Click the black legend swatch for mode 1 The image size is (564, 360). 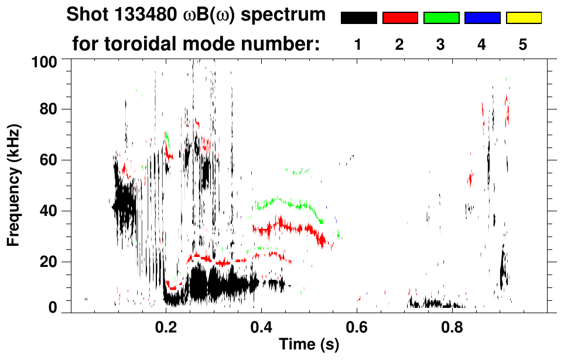pos(358,18)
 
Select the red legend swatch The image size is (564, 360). pos(400,18)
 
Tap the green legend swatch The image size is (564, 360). pos(441,18)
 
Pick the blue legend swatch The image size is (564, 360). pos(482,18)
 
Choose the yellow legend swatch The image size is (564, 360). pos(523,18)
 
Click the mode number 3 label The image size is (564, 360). pos(440,44)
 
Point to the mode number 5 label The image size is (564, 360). pos(522,44)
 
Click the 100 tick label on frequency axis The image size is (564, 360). pos(44,61)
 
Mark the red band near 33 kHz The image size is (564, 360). pos(287,227)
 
